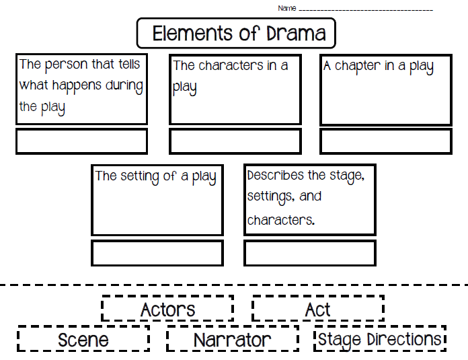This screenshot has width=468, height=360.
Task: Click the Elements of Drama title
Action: coord(236,33)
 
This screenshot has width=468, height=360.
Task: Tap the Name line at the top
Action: coord(365,9)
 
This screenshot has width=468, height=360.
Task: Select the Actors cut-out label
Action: coord(167,310)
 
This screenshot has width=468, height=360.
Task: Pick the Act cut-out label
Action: coord(318,310)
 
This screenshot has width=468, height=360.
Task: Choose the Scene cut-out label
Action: coord(83,339)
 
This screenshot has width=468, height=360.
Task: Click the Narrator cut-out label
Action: coord(233,339)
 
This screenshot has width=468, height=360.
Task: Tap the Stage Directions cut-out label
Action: coord(380,339)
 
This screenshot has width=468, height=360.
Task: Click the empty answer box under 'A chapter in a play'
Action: coord(385,141)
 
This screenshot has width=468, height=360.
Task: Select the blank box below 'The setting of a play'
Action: coord(157,253)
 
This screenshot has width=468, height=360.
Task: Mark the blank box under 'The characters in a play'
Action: coord(235,141)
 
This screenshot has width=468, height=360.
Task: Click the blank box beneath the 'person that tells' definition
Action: coord(81,141)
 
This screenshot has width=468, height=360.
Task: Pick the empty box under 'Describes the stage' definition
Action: coord(309,253)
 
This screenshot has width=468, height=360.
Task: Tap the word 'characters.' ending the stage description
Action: coord(281,221)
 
